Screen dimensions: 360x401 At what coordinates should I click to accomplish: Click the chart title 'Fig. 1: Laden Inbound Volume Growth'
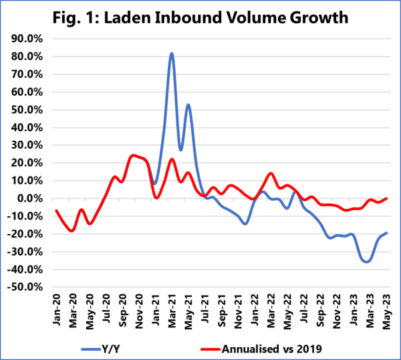[x=200, y=17]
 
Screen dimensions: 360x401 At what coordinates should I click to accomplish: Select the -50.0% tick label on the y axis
[x=26, y=287]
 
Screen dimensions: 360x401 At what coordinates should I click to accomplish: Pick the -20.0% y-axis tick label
[x=26, y=234]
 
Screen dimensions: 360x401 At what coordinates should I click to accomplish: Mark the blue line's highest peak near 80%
[x=172, y=54]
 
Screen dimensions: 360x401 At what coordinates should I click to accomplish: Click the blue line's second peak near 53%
[x=188, y=104]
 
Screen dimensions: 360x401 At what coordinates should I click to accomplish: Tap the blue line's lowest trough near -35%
[x=366, y=261]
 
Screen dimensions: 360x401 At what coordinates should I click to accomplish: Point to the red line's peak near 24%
[x=134, y=155]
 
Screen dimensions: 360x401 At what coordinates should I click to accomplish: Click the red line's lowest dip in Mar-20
[x=72, y=230]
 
